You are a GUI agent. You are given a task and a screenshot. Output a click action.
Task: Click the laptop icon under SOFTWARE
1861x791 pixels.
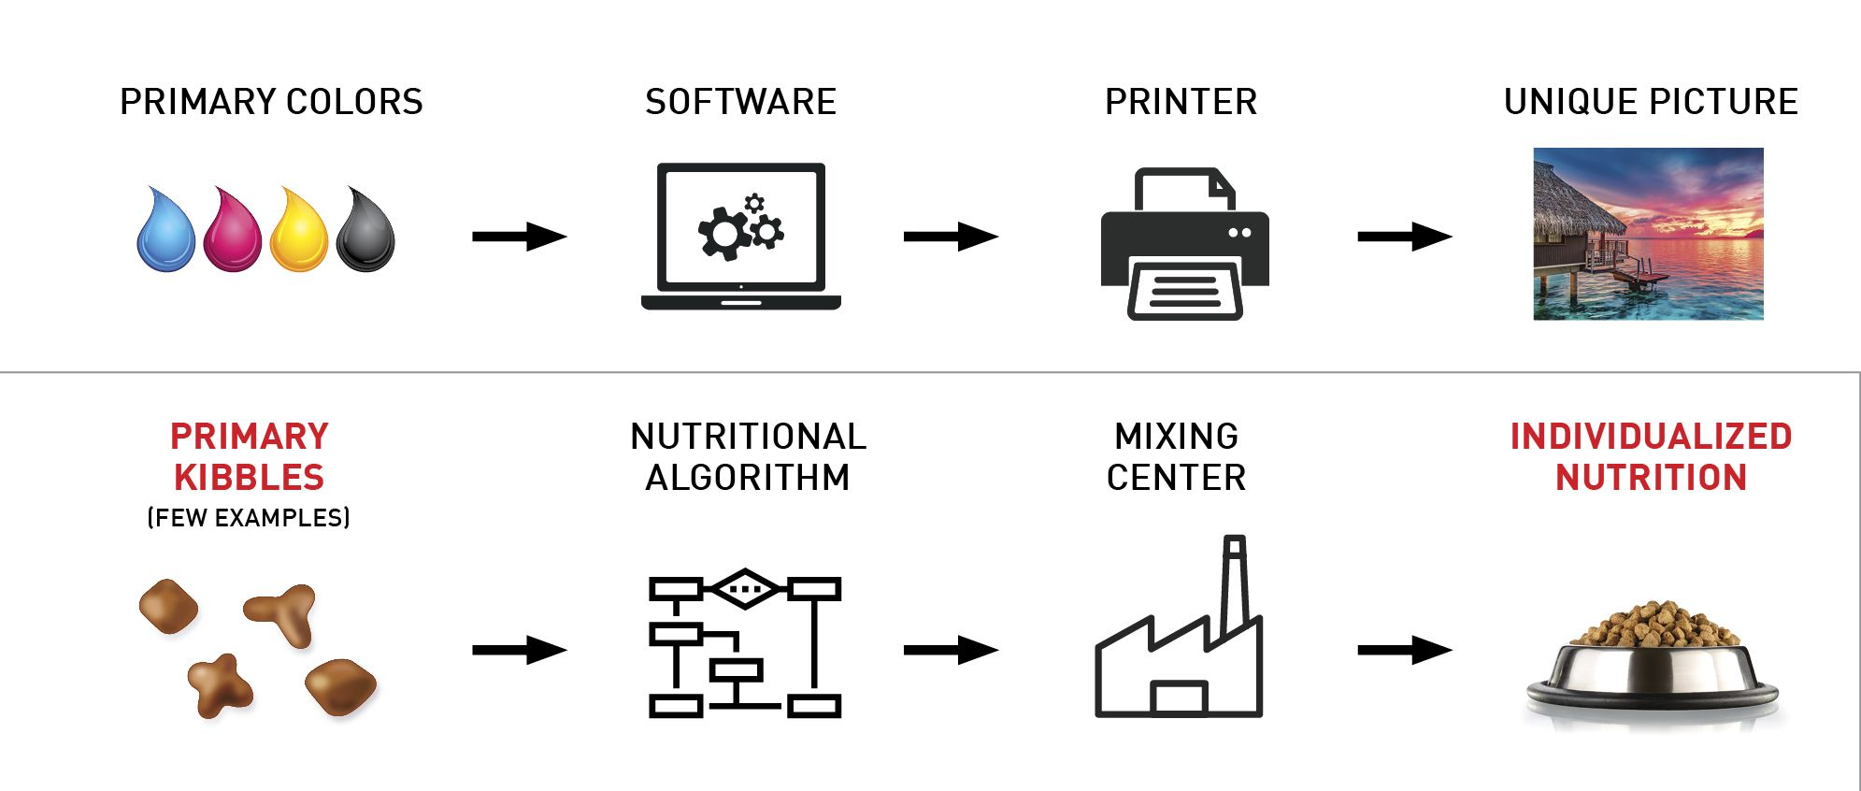point(741,236)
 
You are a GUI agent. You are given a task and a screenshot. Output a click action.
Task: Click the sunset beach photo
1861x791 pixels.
point(1648,234)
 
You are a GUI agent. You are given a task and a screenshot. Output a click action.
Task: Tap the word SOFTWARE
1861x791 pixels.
point(740,102)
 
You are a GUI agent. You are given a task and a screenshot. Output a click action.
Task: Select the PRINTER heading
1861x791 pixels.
point(1181,102)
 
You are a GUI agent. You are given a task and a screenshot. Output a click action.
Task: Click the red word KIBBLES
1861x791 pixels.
point(249,478)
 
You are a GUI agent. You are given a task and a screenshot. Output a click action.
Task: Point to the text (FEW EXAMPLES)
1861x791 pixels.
point(249,518)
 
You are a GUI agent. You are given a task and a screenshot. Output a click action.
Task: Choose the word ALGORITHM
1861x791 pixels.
point(748,478)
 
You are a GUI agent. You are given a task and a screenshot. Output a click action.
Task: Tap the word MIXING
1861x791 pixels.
point(1176,437)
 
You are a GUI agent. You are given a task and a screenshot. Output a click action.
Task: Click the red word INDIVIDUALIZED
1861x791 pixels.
point(1651,437)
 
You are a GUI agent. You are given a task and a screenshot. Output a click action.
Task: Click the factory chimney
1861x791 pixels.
point(1235,584)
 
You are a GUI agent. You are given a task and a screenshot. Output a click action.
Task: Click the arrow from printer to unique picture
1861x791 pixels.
point(1405,237)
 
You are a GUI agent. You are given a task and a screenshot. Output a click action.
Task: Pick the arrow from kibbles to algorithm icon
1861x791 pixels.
point(520,650)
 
